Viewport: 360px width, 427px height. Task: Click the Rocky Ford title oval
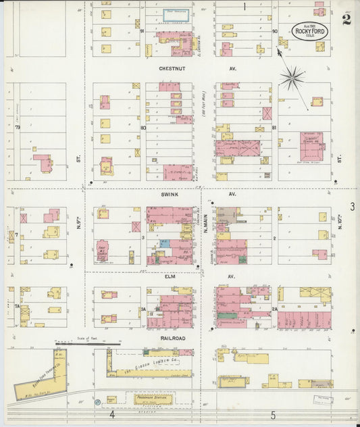click(x=311, y=31)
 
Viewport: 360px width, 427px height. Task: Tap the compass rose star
click(x=291, y=79)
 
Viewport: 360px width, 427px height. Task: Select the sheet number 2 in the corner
click(x=346, y=19)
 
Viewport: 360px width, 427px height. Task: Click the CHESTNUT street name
click(x=159, y=69)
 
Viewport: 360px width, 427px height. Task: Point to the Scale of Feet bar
click(x=88, y=344)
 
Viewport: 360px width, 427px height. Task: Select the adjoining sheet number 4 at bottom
click(x=112, y=414)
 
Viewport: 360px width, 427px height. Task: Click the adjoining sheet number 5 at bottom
click(x=274, y=414)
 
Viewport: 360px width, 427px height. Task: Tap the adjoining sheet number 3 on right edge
click(x=352, y=206)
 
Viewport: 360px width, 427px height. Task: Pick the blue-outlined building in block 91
click(x=176, y=13)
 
